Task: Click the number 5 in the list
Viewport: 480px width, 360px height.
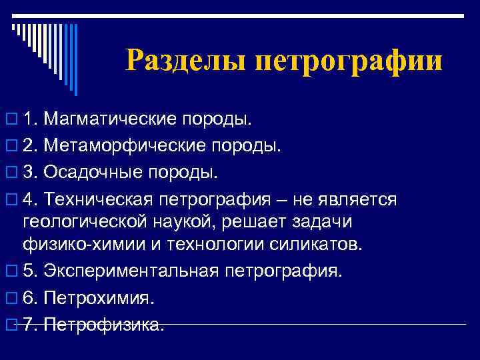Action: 27,271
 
